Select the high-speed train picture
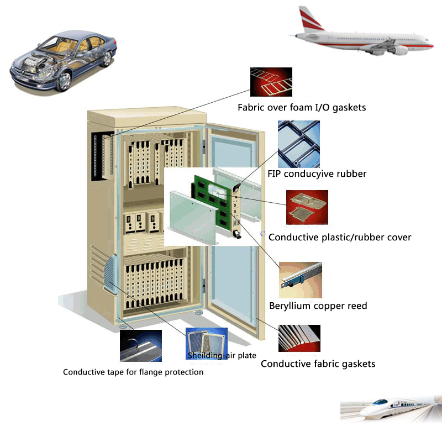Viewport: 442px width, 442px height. point(390,412)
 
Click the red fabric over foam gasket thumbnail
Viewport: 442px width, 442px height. point(271,82)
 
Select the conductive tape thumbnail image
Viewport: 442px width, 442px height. point(141,346)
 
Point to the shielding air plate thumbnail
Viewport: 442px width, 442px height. point(207,343)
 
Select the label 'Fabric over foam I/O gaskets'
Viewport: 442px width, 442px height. point(302,108)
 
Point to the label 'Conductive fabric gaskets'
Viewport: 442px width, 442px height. point(318,364)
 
